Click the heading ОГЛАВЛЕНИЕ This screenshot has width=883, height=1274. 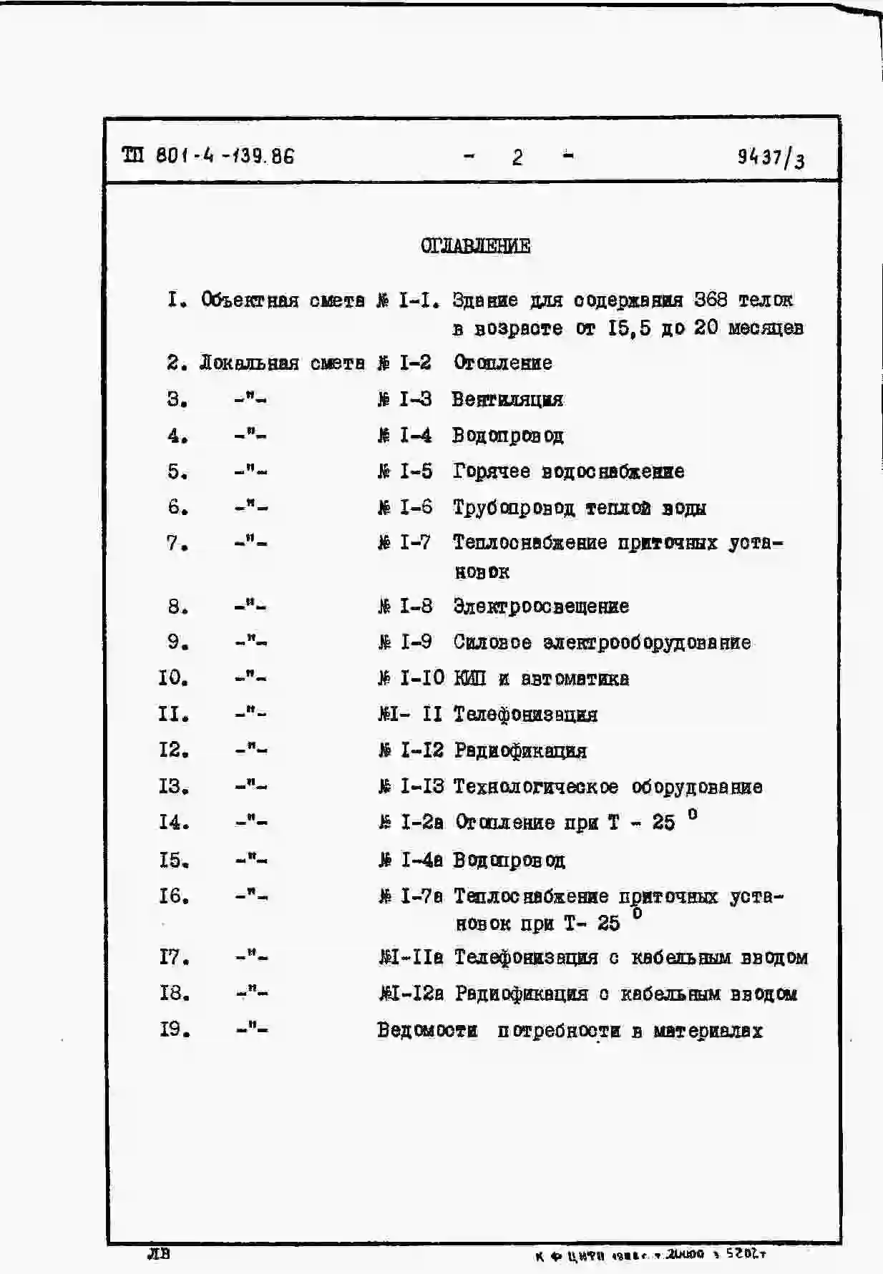click(475, 246)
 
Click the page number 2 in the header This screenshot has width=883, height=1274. click(517, 157)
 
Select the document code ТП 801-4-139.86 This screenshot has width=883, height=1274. click(208, 156)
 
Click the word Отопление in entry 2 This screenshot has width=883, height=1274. click(503, 363)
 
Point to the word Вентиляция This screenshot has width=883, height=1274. click(507, 399)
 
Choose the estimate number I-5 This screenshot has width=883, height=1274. click(415, 471)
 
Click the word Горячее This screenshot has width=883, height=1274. click(492, 471)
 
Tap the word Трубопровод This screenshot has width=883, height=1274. click(513, 508)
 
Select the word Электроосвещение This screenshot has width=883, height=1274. click(541, 607)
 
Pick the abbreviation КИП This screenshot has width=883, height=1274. click(469, 678)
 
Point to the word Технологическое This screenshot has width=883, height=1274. click(536, 787)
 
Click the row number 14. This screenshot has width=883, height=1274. click(174, 823)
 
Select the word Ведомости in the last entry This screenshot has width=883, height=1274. click(427, 1030)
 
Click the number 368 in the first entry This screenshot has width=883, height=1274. click(711, 299)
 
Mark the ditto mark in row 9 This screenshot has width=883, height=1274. click(250, 642)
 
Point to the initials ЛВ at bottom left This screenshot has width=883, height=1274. click(158, 1253)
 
